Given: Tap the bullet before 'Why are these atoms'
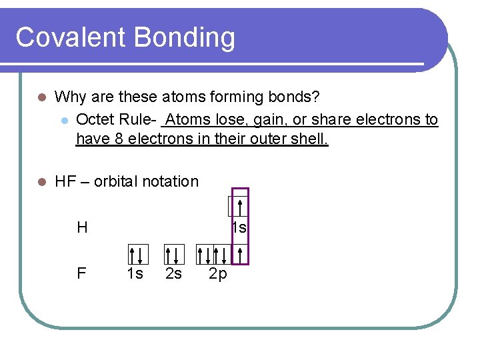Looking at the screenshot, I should pos(41,97).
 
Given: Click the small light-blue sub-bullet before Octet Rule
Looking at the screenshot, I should pos(63,120).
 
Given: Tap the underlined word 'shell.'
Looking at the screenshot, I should pos(310,139).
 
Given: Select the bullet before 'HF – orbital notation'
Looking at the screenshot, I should pos(41,181).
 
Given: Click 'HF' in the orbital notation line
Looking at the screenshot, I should pos(65,181).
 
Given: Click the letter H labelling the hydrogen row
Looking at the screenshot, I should pos(82,228).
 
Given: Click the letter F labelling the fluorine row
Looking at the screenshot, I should pos(81,273).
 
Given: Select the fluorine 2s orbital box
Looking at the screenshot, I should pos(174,254).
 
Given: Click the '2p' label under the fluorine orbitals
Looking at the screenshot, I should pos(218,273).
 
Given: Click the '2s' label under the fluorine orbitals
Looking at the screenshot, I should pos(173,273).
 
